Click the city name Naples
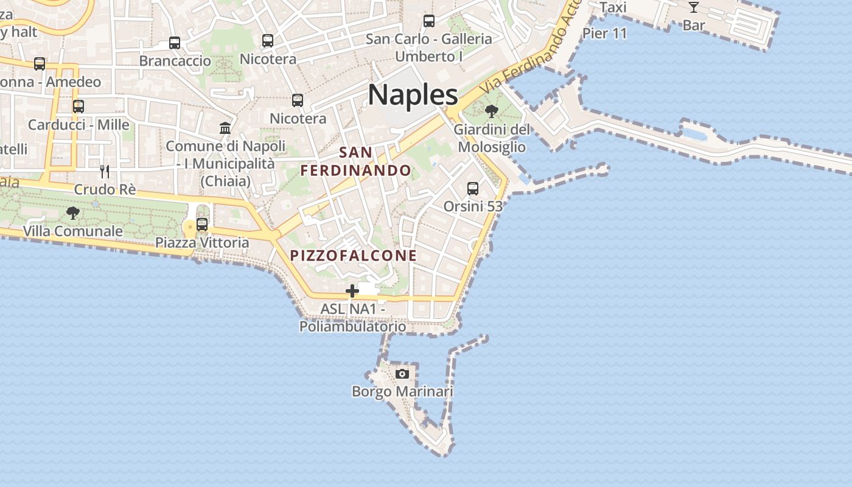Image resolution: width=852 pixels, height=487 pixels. pyautogui.click(x=413, y=95)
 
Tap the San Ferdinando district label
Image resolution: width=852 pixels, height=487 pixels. pyautogui.click(x=356, y=161)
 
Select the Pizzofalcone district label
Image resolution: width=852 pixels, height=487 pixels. pyautogui.click(x=354, y=256)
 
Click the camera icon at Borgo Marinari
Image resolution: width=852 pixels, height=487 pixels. pyautogui.click(x=402, y=373)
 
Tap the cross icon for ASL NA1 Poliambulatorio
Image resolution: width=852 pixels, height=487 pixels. pyautogui.click(x=352, y=291)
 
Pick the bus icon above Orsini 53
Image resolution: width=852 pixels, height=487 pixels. pyautogui.click(x=473, y=189)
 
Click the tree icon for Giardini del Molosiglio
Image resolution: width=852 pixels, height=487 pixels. pyautogui.click(x=492, y=111)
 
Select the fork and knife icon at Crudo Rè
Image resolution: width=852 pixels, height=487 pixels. pyautogui.click(x=105, y=172)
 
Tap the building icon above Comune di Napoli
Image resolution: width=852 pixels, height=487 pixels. pyautogui.click(x=225, y=128)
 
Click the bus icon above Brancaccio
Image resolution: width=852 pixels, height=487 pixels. pyautogui.click(x=175, y=43)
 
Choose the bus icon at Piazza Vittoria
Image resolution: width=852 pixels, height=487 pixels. pyautogui.click(x=202, y=225)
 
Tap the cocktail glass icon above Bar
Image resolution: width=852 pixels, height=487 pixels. pyautogui.click(x=693, y=7)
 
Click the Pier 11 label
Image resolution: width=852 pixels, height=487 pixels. pyautogui.click(x=604, y=33)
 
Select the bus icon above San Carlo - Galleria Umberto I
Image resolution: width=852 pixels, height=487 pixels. pyautogui.click(x=429, y=21)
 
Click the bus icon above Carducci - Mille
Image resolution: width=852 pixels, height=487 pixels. pyautogui.click(x=79, y=107)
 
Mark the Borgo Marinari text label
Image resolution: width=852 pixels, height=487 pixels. pyautogui.click(x=402, y=391)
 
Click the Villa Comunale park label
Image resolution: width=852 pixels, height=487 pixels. pyautogui.click(x=73, y=231)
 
